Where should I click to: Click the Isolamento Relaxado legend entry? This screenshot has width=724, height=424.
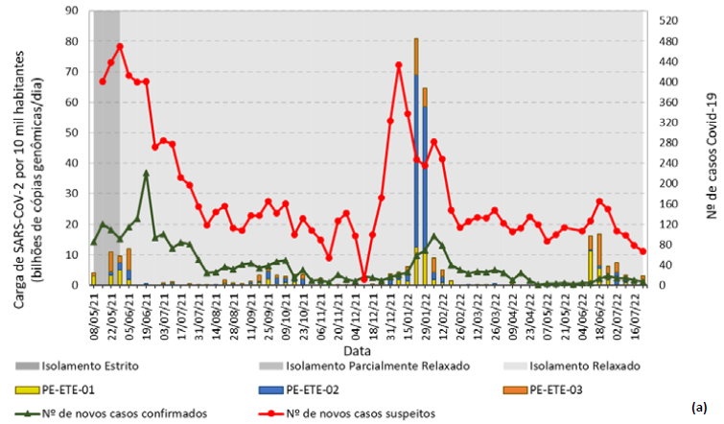[584, 366]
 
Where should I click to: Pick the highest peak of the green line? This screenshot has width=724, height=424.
[146, 174]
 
